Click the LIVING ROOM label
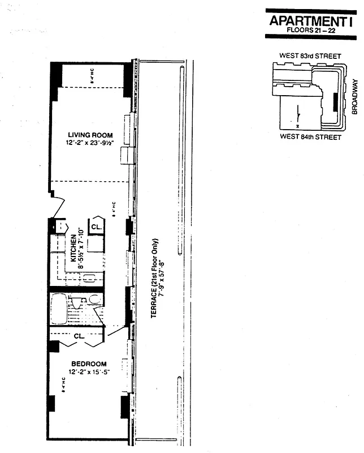[90, 135]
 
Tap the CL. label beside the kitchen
[96, 226]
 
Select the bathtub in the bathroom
[58, 309]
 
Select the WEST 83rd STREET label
[310, 56]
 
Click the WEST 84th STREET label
[311, 137]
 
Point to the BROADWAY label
[355, 96]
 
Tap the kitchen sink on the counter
[89, 277]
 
